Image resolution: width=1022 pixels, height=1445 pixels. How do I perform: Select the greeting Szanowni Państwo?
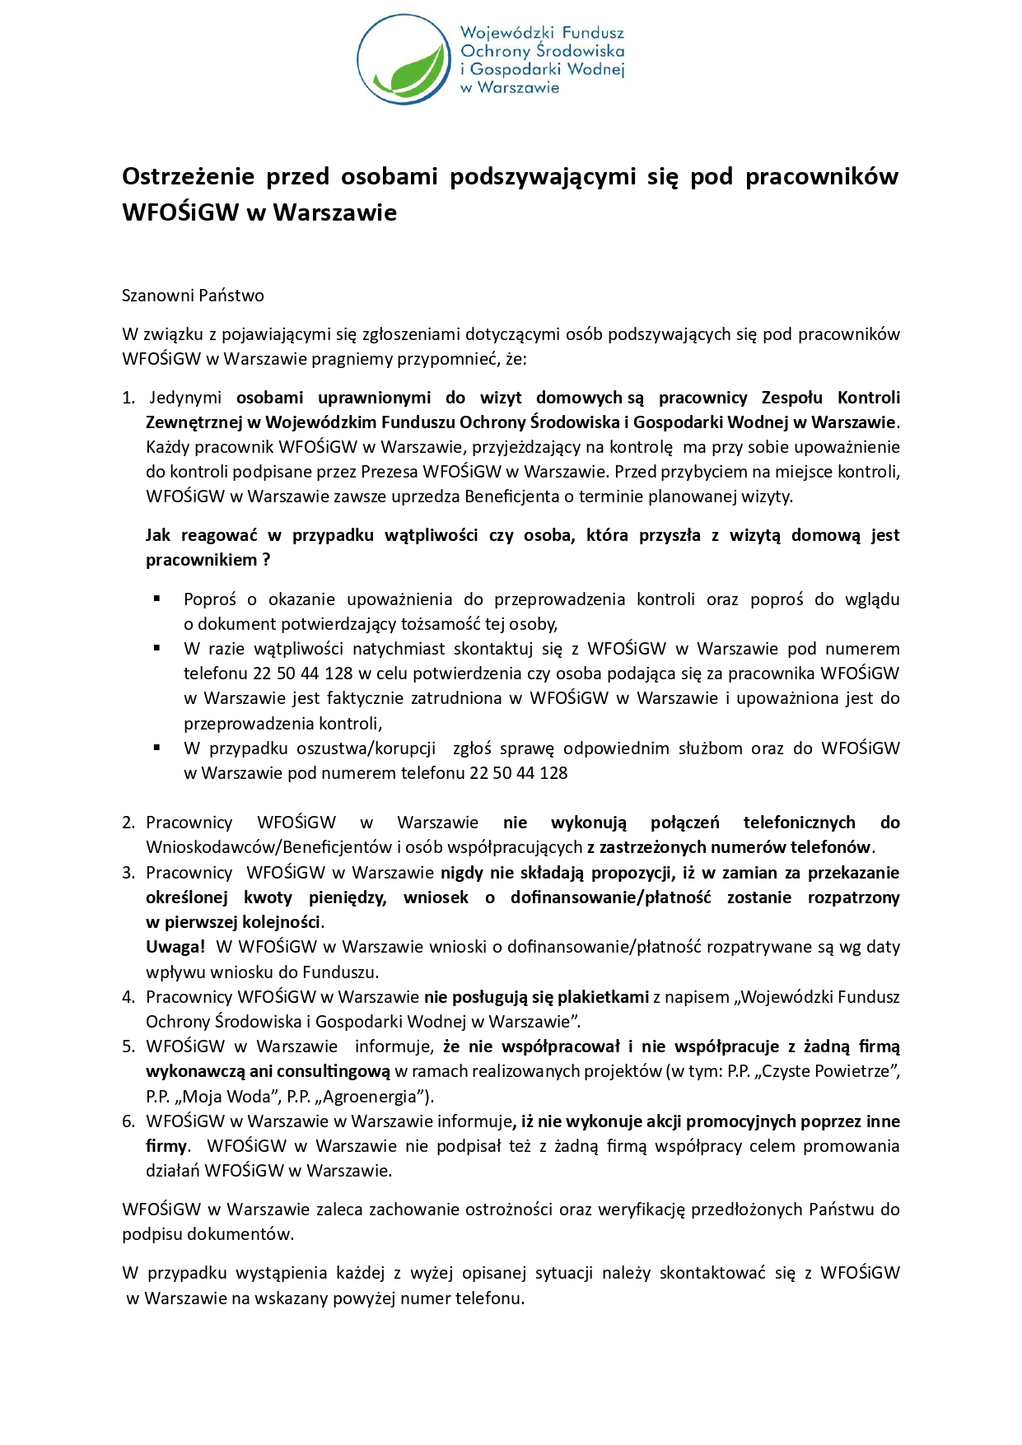(x=193, y=296)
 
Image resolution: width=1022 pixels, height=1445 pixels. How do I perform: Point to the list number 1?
(x=128, y=398)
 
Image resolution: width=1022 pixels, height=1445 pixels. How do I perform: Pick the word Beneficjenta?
(x=511, y=496)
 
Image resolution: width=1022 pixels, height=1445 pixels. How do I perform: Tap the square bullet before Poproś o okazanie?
(x=156, y=599)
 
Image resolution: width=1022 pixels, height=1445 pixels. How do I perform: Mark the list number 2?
(x=128, y=823)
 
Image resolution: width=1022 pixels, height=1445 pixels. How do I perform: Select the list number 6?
(x=128, y=1121)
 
